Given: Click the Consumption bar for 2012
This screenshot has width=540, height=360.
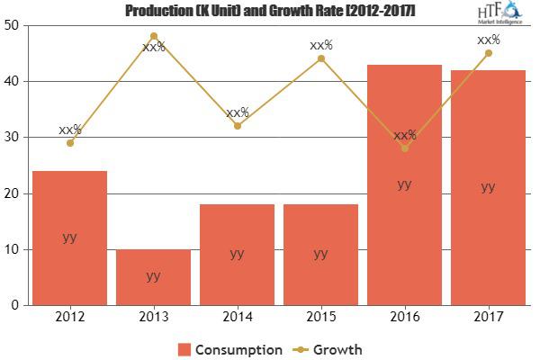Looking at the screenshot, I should coord(69,238).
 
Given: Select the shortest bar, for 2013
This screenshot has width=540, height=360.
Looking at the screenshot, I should coord(153,276).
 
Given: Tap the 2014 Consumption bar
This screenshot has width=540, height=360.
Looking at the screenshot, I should coord(237,254).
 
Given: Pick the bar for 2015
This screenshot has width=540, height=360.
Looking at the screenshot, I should coord(320,254).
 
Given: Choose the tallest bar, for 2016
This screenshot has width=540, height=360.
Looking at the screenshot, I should coord(404,184).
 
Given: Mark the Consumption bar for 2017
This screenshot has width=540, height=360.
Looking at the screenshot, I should coord(488,187).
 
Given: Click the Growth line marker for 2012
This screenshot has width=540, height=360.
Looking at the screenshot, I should coord(69,143).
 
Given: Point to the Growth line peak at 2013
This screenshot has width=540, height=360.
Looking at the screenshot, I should coord(153,37).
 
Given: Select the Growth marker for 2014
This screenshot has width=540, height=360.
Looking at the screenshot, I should coord(237,126).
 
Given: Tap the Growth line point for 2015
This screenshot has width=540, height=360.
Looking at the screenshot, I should coord(320,58).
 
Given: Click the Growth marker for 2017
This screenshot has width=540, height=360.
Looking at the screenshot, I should coord(488,53).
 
